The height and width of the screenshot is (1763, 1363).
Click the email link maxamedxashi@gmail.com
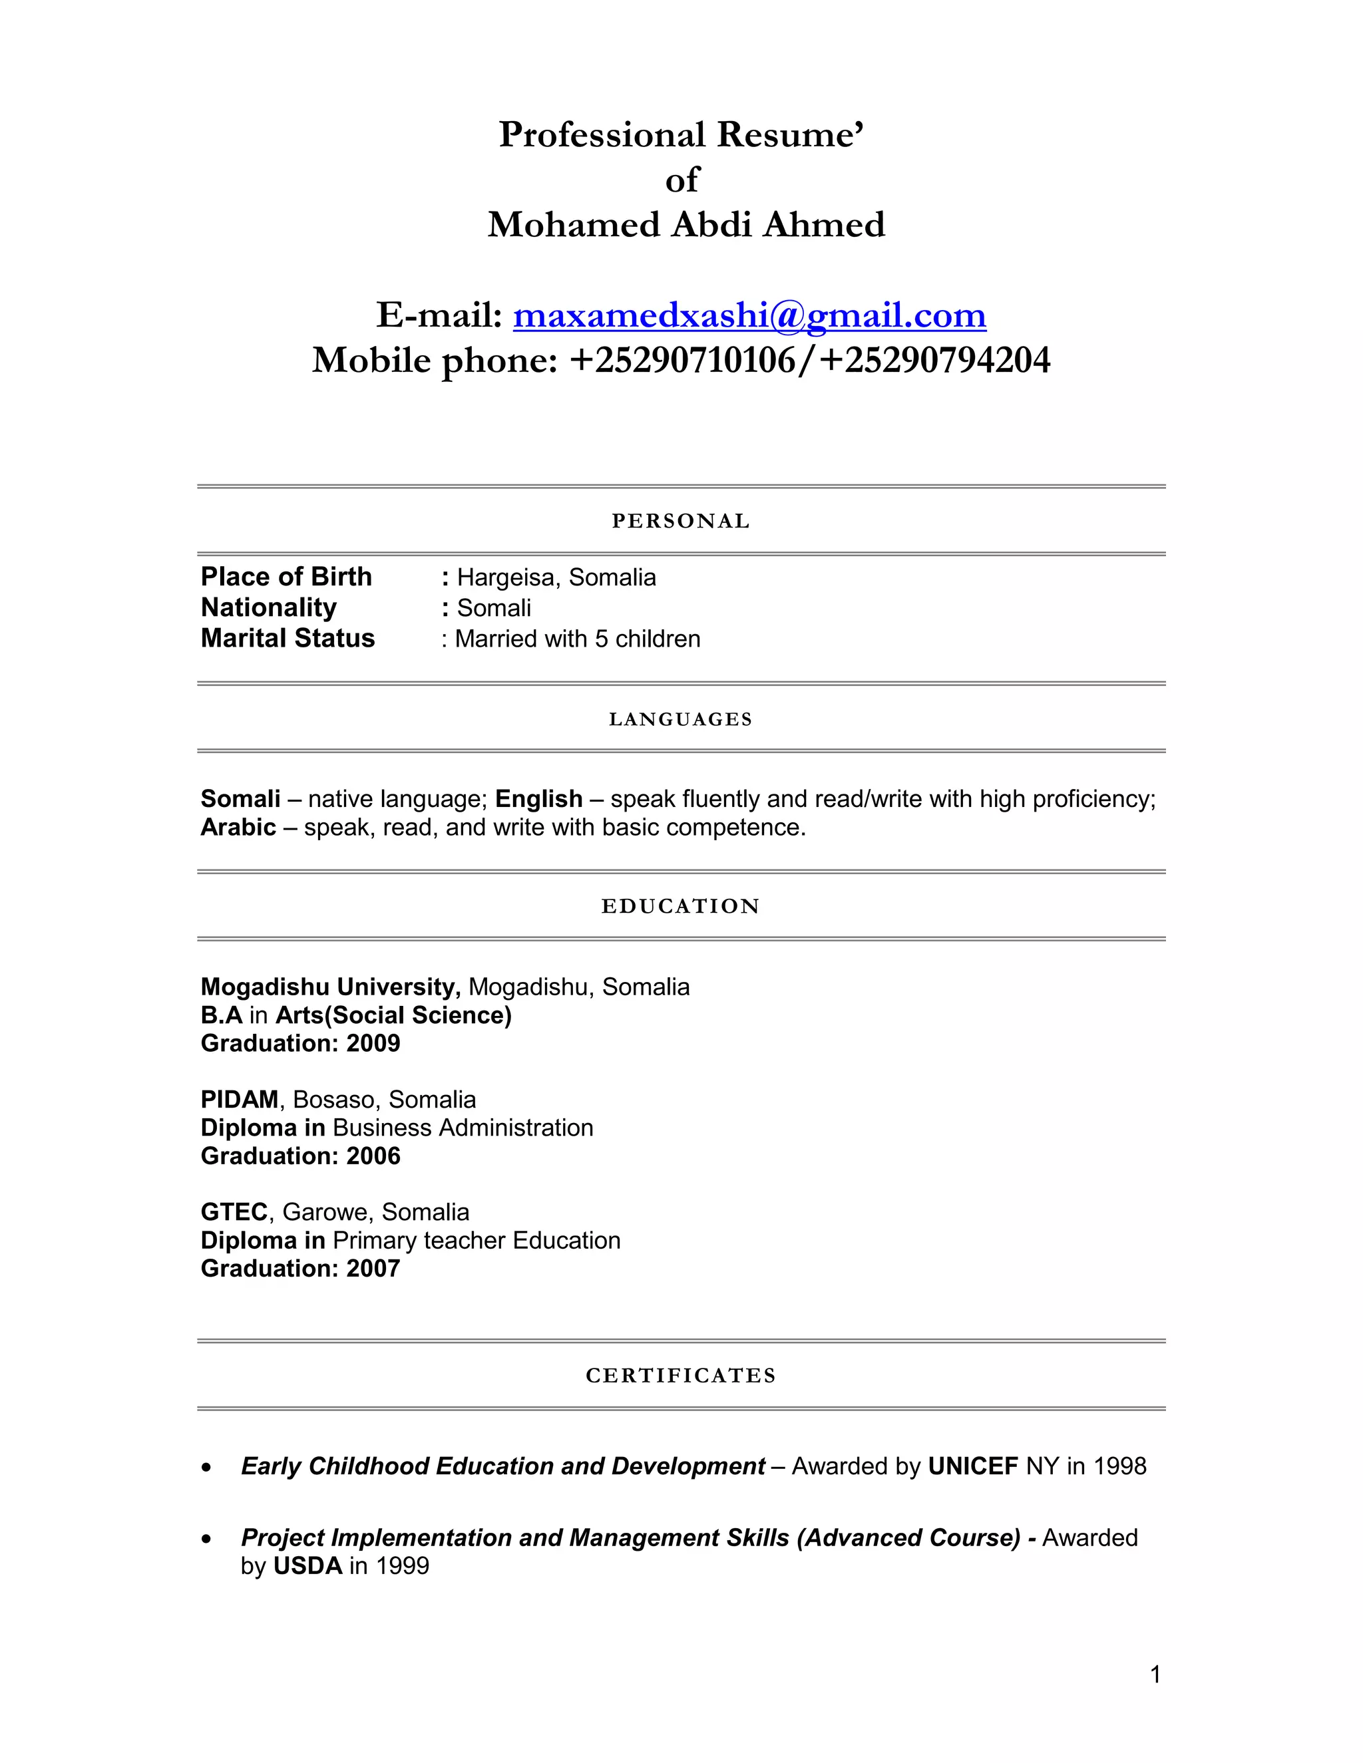749,315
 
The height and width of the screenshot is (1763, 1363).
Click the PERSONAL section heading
681,522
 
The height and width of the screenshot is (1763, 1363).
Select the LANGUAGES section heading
681,719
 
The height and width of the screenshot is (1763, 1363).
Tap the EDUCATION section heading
681,907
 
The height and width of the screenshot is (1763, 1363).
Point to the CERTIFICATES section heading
681,1376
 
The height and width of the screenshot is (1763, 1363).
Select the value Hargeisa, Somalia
556,578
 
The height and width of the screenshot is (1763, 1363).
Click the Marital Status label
288,639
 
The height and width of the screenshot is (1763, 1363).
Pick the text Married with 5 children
577,639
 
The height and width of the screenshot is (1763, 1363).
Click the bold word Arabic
238,828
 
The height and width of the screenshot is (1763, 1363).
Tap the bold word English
538,799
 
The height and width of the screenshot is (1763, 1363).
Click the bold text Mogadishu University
330,987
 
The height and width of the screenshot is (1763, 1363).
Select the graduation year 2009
373,1044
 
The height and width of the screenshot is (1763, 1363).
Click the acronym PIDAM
240,1100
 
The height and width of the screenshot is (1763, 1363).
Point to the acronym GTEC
234,1211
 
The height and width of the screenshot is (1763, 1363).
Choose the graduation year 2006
373,1156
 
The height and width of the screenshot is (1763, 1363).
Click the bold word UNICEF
973,1466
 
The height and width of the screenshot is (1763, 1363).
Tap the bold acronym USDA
307,1566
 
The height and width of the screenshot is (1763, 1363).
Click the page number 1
1155,1675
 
